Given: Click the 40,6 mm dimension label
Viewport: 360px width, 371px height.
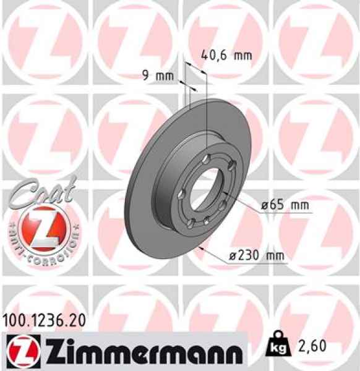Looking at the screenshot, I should (227, 56).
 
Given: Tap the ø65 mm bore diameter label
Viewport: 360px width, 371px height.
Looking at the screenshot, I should (283, 204).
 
